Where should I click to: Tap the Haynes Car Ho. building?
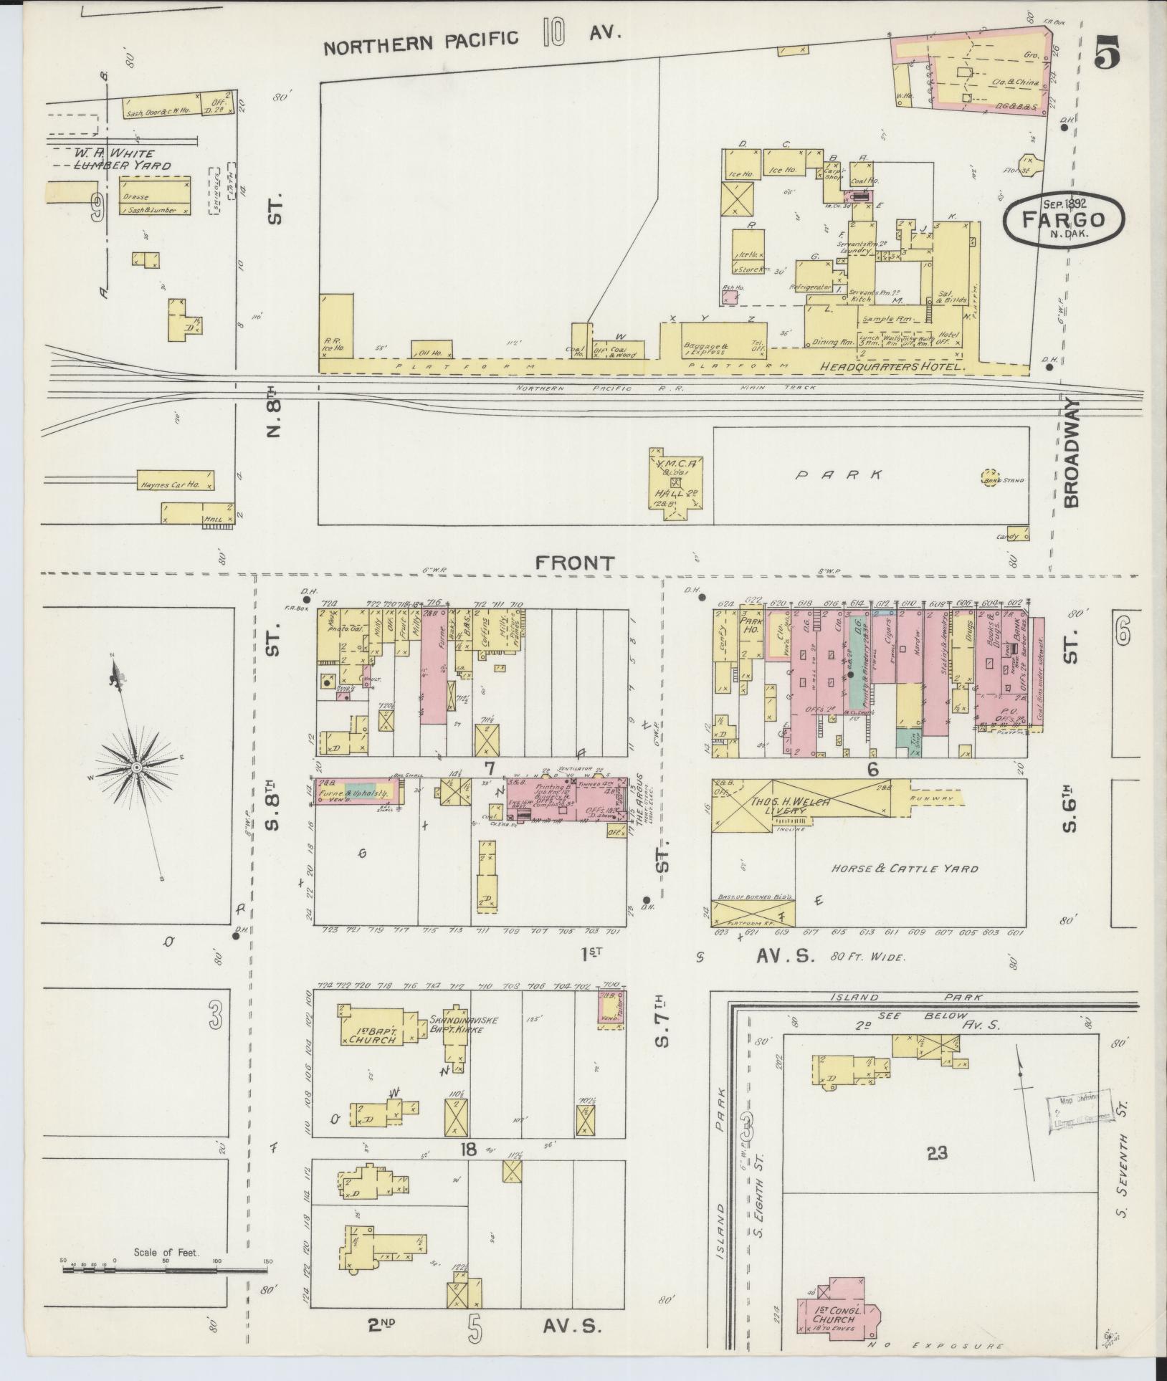(x=176, y=481)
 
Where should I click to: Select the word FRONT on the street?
(x=575, y=564)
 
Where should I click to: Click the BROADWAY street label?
(x=1072, y=452)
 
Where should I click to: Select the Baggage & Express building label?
(x=705, y=349)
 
